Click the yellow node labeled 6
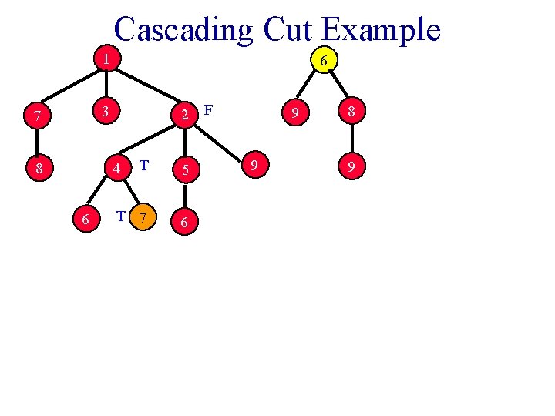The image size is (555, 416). coord(325,60)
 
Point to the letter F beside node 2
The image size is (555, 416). coord(209,110)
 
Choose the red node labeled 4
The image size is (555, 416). coord(116,167)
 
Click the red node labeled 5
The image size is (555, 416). coord(183,169)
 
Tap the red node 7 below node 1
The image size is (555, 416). coord(36,116)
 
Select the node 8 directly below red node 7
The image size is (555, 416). coord(36,167)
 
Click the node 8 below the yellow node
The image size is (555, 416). coord(351,114)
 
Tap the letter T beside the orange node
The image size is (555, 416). coord(120,216)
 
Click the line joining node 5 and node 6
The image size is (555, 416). coord(183,195)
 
